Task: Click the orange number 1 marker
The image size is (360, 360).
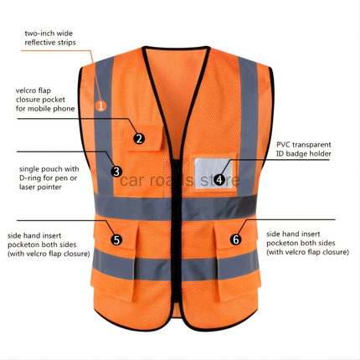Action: coord(100,105)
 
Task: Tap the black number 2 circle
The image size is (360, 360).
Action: coord(139,139)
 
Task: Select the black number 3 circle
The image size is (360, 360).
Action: coord(116,172)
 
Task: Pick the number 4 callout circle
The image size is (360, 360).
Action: coord(219,178)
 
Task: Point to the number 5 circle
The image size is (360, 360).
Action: coord(116,239)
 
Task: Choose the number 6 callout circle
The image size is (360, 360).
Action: coord(235,239)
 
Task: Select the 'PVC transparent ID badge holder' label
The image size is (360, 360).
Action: coord(304,149)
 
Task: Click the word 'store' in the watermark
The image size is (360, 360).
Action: coord(220,179)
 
